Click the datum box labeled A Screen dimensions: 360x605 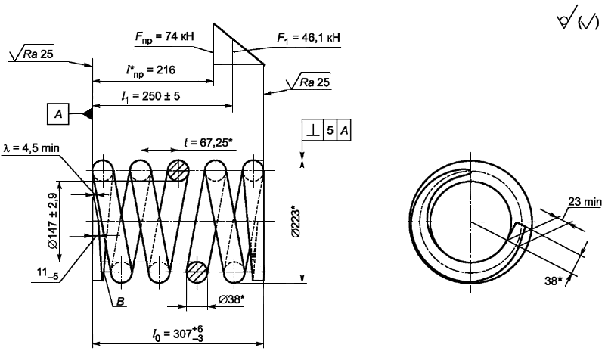coord(57,114)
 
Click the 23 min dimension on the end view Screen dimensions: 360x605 coord(582,202)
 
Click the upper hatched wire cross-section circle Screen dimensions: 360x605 coord(178,170)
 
